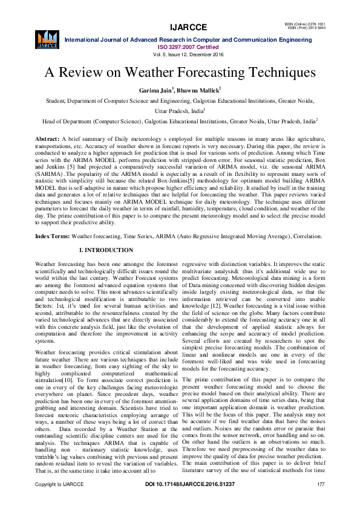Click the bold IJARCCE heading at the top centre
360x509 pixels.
(180, 27)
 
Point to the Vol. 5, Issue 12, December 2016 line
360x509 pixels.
(180, 54)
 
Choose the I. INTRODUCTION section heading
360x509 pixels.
(106, 250)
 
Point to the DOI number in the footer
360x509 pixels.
(180, 502)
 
